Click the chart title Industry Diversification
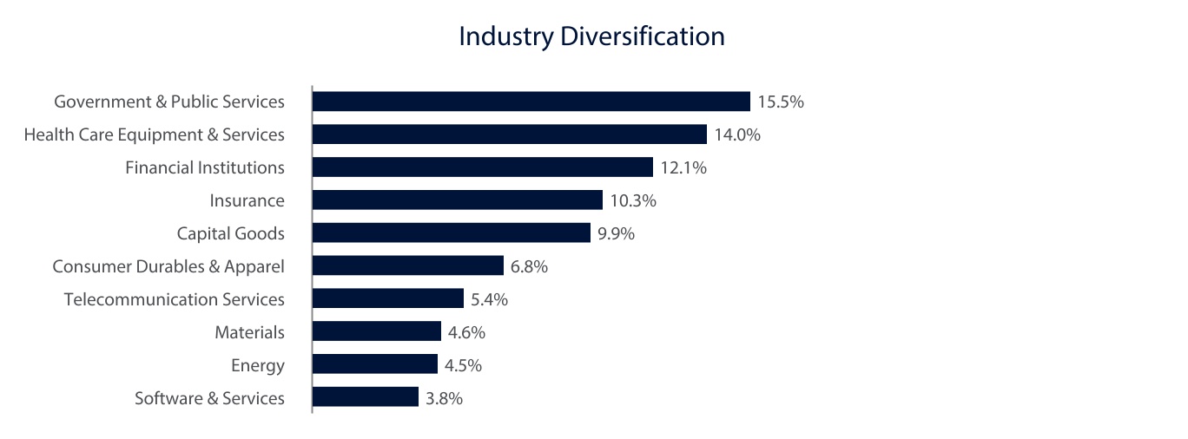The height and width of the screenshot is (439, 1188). [x=591, y=36]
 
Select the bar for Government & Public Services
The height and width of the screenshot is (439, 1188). [x=531, y=102]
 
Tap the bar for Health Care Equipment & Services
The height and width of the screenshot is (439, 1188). [x=509, y=134]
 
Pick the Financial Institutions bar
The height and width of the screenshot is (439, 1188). [x=482, y=167]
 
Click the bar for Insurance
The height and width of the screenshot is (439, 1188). [x=457, y=200]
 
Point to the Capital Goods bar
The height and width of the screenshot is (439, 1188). [x=451, y=233]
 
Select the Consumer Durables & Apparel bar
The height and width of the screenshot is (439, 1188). [x=407, y=266]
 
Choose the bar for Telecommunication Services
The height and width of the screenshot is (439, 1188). [x=387, y=299]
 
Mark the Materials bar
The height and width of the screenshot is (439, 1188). [x=376, y=332]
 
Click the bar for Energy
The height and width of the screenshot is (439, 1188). [x=374, y=365]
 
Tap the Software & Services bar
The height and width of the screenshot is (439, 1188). [x=365, y=398]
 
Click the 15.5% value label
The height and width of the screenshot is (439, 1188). [x=781, y=102]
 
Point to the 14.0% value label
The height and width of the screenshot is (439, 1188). [x=737, y=134]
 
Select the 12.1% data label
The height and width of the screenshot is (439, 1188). [x=683, y=167]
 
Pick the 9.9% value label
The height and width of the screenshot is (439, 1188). [x=616, y=233]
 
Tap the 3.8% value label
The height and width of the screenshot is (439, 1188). [x=444, y=398]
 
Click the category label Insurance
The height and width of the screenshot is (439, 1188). [x=247, y=200]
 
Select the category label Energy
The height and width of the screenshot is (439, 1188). [x=257, y=366]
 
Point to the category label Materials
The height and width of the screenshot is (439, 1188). [x=249, y=332]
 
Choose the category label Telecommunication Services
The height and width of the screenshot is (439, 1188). [x=174, y=299]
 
